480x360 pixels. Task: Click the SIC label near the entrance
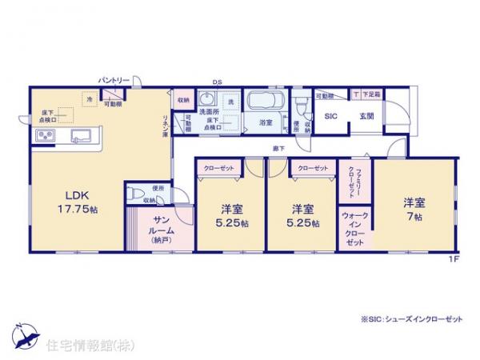click(x=329, y=115)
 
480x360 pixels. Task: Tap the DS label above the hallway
click(x=216, y=82)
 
